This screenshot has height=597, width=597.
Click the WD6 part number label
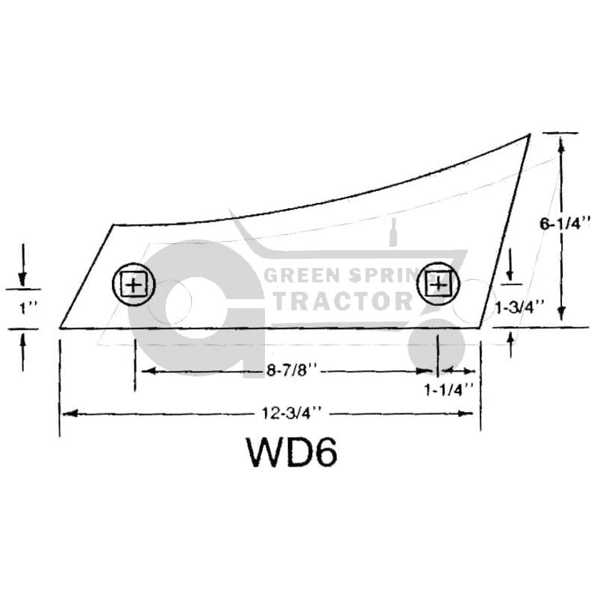tap(292, 452)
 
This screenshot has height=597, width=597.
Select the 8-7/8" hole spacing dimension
tap(292, 369)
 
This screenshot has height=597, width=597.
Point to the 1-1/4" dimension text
tap(449, 390)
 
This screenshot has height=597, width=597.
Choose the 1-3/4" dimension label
tap(519, 307)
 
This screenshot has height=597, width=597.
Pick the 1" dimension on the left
tap(28, 307)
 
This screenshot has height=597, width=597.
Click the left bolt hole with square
tap(134, 284)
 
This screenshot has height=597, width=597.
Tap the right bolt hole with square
tap(438, 284)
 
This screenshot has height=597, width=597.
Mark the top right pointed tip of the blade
tap(530, 134)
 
